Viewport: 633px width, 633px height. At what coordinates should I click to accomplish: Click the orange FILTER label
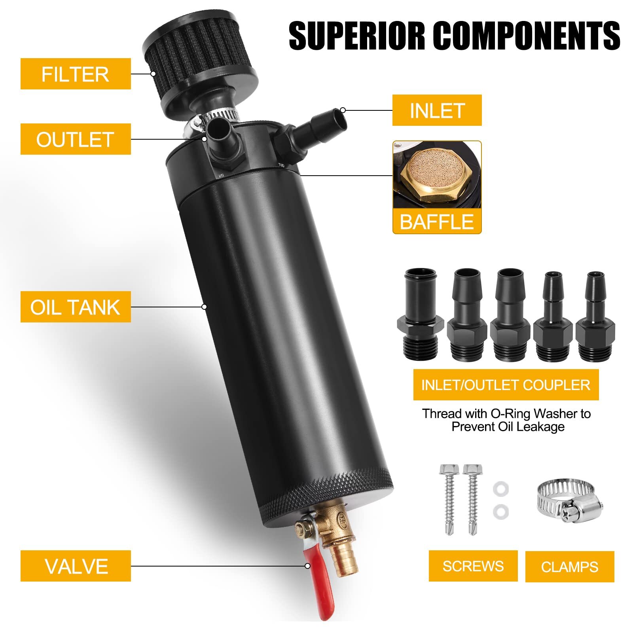pos(76,74)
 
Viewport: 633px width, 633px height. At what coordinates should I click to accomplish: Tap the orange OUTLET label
pos(76,139)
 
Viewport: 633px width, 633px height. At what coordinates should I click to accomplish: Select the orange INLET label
pos(437,110)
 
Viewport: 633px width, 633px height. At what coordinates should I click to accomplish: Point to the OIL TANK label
pos(76,307)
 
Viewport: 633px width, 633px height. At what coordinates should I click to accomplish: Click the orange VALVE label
pos(76,566)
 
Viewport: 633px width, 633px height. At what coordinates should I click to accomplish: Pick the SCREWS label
pos(473,566)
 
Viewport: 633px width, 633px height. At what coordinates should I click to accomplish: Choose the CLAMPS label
pos(569,567)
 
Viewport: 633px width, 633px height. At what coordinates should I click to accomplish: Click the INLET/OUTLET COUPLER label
pos(506,385)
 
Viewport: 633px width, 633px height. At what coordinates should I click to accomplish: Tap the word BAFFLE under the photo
pos(437,222)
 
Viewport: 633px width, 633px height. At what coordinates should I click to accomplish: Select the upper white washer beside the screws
pos(501,489)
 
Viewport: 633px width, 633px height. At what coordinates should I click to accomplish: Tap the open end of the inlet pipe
pos(339,118)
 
